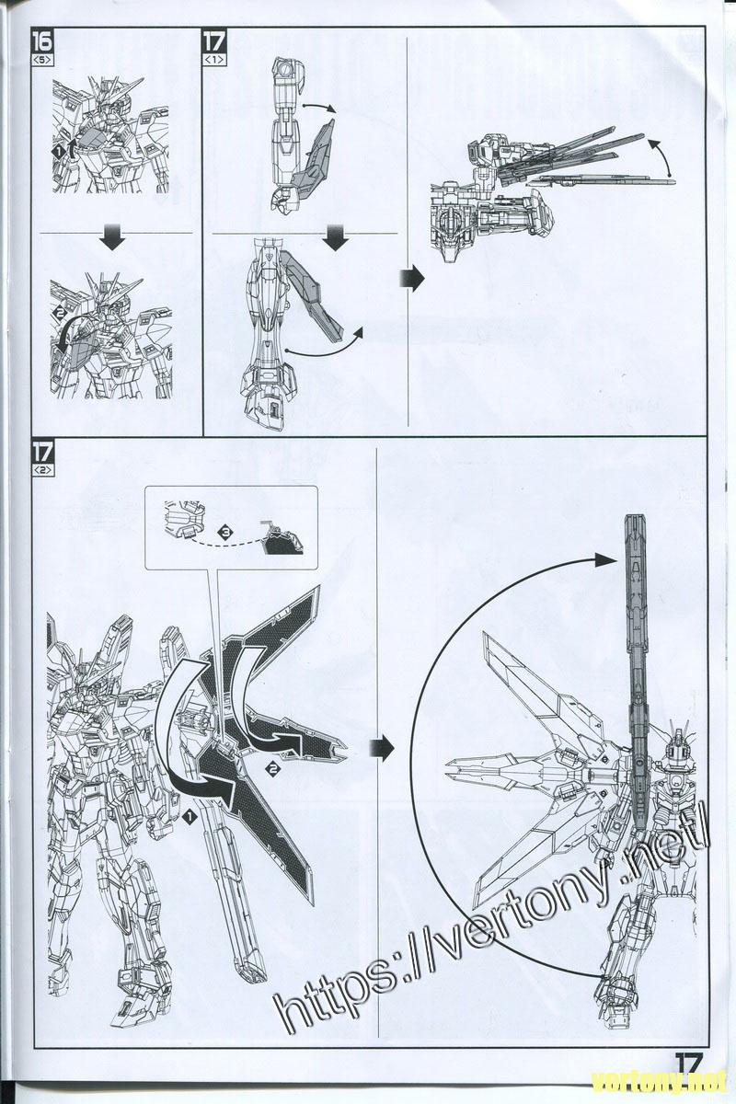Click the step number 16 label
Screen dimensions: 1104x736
[x=43, y=41]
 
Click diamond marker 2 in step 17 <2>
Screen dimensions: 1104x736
[x=272, y=769]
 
